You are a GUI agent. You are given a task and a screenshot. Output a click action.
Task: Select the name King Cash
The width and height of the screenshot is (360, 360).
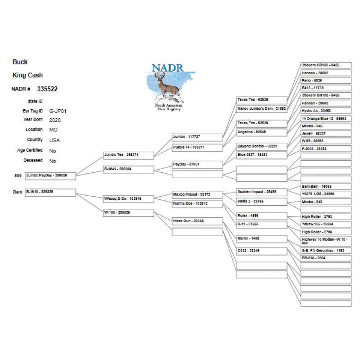click(28, 75)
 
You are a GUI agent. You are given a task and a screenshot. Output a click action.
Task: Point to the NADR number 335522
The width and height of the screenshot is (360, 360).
click(47, 89)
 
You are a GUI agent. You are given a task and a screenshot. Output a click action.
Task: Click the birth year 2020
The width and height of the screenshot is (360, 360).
click(55, 120)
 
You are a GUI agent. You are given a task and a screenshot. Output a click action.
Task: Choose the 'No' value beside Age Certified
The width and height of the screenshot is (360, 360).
click(53, 151)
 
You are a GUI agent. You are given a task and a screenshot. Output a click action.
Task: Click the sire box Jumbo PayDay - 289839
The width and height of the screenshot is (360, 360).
click(50, 175)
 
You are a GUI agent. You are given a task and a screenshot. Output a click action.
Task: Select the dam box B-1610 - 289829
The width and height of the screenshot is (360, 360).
click(50, 192)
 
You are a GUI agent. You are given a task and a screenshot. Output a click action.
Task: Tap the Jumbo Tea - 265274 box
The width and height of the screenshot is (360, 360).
click(129, 155)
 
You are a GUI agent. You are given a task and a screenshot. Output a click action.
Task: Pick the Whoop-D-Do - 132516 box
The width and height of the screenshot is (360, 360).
click(129, 198)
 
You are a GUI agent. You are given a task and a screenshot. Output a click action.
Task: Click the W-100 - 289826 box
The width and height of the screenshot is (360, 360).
click(129, 213)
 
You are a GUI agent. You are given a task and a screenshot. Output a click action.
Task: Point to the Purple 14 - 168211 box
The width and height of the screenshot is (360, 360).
click(198, 147)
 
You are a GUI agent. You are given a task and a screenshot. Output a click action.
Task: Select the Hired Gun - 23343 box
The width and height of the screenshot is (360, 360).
click(198, 221)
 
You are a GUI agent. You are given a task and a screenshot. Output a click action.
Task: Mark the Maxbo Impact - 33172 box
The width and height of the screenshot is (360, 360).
click(198, 195)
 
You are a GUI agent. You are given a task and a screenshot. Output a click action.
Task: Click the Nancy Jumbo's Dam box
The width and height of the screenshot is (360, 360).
click(261, 108)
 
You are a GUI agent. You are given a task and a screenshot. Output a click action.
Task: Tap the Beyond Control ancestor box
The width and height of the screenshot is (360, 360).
click(261, 146)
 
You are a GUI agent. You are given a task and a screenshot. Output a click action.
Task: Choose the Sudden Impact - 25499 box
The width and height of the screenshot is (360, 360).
click(261, 192)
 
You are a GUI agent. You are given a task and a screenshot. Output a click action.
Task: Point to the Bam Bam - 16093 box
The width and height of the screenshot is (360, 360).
click(326, 186)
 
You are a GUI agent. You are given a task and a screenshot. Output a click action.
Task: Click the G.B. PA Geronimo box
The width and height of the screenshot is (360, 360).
click(326, 251)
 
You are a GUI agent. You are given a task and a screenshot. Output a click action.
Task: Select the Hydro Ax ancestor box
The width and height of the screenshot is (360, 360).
click(326, 110)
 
